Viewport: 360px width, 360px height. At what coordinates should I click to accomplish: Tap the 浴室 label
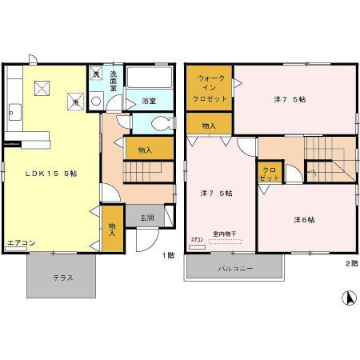coord(149,101)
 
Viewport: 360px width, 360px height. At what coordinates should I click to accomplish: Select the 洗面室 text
coord(114,80)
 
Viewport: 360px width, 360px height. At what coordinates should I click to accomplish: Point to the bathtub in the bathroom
coord(149,79)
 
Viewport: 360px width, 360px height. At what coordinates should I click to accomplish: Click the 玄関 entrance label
coord(149,217)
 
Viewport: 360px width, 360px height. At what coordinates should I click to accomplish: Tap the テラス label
coord(64,278)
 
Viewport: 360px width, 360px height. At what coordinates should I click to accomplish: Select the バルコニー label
coord(236,269)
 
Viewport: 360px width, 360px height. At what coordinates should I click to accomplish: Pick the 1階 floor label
coord(168,255)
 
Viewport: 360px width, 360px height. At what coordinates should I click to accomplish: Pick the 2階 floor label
coord(351,262)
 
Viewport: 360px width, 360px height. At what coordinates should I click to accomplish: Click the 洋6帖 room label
coord(304,219)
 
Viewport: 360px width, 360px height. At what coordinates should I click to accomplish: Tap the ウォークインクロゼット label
coord(210,88)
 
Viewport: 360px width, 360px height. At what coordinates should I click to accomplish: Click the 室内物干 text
coord(225,234)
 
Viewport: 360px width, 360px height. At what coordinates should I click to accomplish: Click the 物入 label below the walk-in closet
coord(209,126)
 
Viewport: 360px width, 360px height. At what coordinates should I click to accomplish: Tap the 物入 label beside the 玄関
coord(112,230)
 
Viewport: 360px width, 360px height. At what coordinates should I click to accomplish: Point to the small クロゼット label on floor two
coord(269,174)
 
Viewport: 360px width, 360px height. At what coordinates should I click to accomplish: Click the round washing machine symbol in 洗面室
coord(96,101)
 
